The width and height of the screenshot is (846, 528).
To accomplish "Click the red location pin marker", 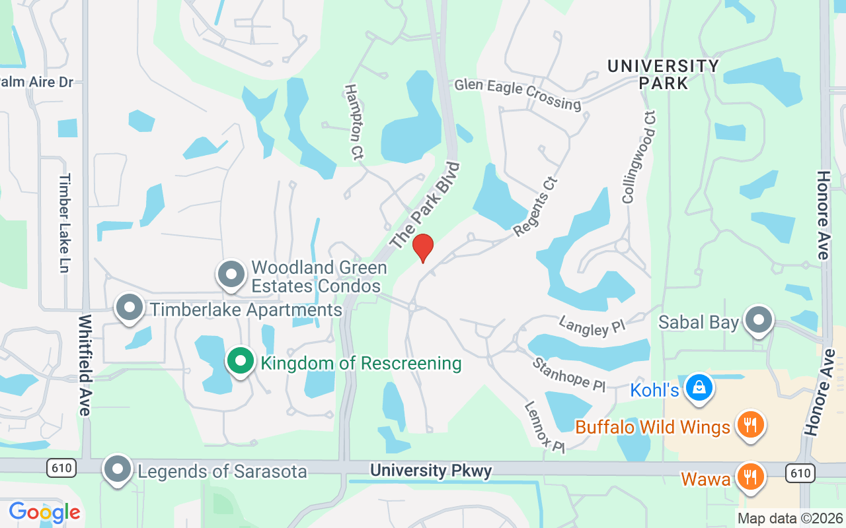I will (x=423, y=247).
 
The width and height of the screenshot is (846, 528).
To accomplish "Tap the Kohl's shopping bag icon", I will (x=699, y=387).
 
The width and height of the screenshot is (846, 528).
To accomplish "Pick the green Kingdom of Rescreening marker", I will (x=241, y=361).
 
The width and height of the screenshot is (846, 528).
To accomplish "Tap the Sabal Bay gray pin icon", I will (x=759, y=321).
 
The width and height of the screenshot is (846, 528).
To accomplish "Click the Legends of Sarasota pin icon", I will (x=118, y=469).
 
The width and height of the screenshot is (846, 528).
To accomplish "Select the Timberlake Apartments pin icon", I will (x=130, y=308).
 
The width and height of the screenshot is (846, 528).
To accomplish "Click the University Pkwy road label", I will (x=431, y=471).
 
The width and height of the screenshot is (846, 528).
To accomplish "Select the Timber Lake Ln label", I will (x=65, y=223).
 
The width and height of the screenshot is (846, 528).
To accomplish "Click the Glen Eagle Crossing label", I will (x=518, y=94).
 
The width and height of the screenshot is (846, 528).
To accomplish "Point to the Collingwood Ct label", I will (x=639, y=157).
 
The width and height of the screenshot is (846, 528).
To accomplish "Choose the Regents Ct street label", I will (x=536, y=206).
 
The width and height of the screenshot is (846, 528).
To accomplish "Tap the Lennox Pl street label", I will (x=546, y=427).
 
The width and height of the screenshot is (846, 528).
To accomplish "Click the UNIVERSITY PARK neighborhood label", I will (x=663, y=75).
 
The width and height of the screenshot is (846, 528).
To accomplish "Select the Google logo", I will (x=44, y=512).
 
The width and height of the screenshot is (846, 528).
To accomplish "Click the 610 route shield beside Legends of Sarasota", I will (x=61, y=469).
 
